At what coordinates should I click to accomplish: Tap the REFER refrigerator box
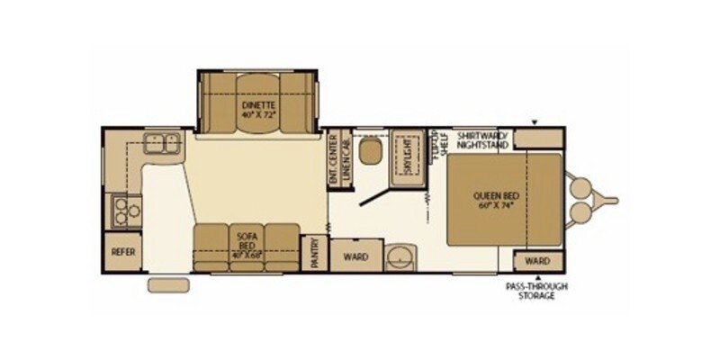tap(122, 252)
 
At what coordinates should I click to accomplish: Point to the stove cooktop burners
tap(124, 212)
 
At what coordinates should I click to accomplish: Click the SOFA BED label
tap(247, 238)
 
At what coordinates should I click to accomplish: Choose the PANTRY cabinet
tap(314, 252)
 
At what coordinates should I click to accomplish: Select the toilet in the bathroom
tap(370, 150)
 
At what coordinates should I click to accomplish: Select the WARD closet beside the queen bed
tap(536, 261)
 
